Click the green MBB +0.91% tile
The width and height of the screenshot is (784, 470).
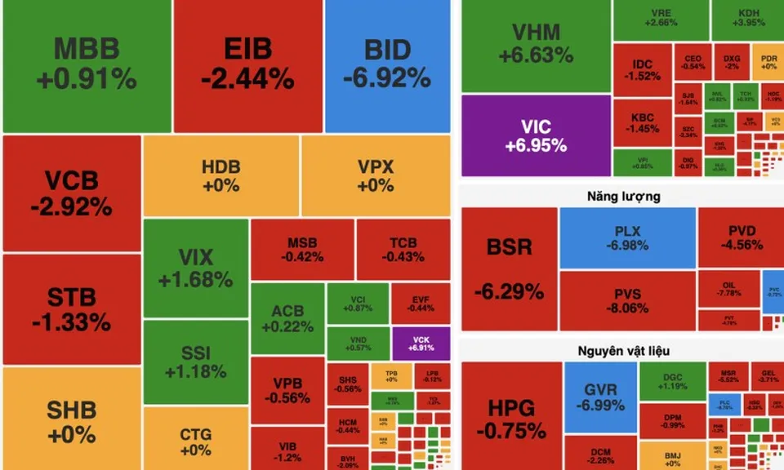[x=86, y=65]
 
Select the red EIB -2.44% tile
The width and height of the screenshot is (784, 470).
[x=247, y=65]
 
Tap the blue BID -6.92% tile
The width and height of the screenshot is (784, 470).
[x=386, y=65]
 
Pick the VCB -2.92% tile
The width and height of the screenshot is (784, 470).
[x=71, y=193]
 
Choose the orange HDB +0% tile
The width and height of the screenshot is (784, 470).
[x=220, y=175]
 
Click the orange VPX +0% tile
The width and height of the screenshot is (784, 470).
[x=375, y=175]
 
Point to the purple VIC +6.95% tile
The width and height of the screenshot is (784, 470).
[x=536, y=135]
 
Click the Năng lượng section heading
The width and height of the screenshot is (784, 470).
[x=623, y=197]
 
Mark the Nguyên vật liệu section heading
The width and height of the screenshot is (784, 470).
[x=623, y=351]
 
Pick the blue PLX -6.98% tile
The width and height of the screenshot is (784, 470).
[x=627, y=238]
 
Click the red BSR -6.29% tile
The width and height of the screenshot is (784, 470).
[x=509, y=269]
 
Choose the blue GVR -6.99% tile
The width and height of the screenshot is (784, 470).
[x=600, y=397]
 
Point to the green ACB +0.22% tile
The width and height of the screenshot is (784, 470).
[x=287, y=318]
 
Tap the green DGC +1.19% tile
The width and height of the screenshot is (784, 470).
[x=671, y=381]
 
